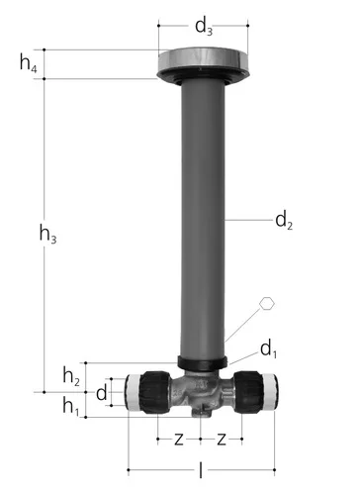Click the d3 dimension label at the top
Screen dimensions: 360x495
(204, 27)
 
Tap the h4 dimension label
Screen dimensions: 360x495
(29, 62)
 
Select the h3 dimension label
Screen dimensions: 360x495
(47, 234)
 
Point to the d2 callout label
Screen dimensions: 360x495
(284, 220)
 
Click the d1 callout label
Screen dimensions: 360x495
(269, 349)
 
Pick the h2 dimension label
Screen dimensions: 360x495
(71, 376)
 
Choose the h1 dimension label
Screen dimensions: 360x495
(71, 406)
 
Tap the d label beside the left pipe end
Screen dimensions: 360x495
(102, 393)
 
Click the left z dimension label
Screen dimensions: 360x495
(179, 440)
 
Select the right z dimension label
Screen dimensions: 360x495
(222, 440)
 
